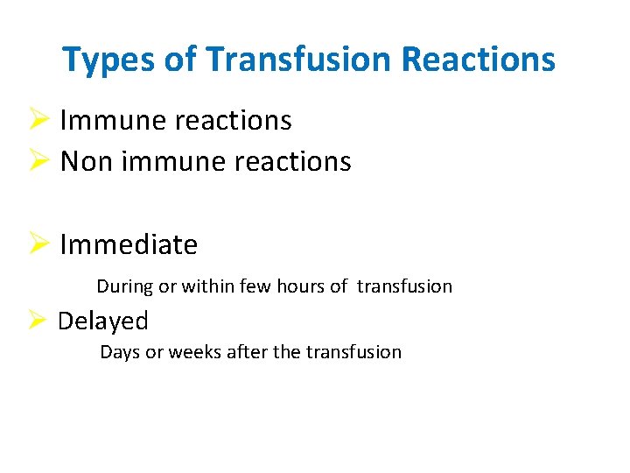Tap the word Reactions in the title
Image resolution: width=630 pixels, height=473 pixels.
coord(478,60)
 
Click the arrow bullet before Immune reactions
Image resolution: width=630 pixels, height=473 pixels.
coord(41,120)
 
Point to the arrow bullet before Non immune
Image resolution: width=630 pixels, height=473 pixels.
coord(41,161)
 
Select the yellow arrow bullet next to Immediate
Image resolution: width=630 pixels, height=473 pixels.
coord(41,244)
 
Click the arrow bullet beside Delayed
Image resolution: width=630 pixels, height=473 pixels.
coord(39,321)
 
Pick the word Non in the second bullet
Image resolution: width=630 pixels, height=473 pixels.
coord(84,162)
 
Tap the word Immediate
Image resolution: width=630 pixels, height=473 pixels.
coord(129,245)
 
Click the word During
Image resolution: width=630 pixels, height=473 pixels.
coord(125,286)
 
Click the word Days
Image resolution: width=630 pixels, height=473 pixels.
coord(120,353)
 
